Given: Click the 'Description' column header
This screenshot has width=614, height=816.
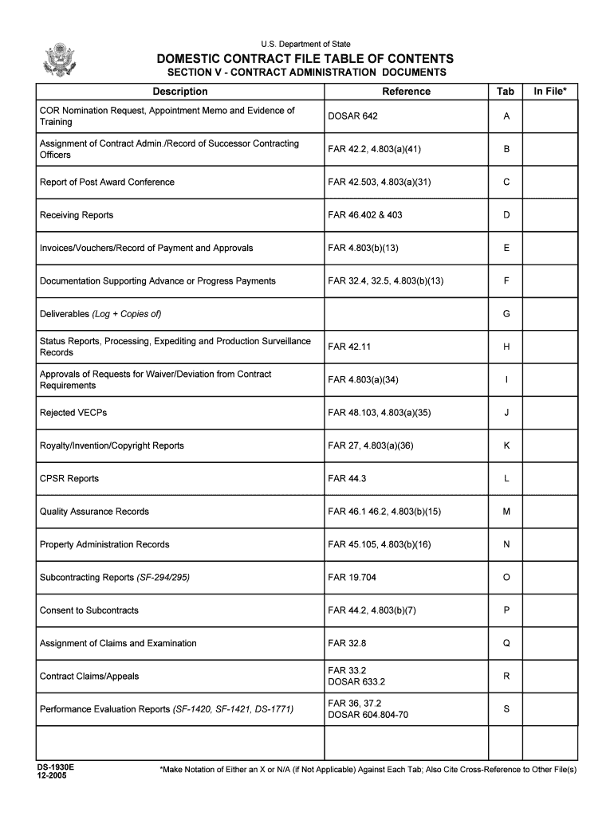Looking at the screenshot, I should (x=180, y=92).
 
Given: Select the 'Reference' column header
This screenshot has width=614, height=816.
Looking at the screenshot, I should (x=406, y=92).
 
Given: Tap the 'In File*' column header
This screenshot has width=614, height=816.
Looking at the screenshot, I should (x=550, y=92).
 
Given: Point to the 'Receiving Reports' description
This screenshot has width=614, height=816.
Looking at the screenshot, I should (x=77, y=215).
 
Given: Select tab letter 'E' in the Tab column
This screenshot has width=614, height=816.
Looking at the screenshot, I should (x=506, y=248).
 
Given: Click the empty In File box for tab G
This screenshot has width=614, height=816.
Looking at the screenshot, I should (x=550, y=314).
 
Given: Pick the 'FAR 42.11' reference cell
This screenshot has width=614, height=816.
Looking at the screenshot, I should (x=349, y=347).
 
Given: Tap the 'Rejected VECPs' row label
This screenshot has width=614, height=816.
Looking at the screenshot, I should (x=73, y=413).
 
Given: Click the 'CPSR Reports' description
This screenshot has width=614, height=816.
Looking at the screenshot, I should (x=69, y=479).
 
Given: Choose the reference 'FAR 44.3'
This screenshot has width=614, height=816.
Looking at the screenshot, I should (x=347, y=479).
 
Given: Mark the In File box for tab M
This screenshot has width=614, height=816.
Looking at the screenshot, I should (x=550, y=512).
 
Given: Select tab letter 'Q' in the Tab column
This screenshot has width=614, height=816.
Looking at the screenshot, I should (x=506, y=643).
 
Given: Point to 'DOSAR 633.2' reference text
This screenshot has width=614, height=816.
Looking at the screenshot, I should (x=356, y=682).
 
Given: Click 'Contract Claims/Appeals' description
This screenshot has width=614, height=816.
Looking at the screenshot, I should (x=89, y=677).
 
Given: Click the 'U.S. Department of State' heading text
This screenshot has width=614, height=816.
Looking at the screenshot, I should (x=305, y=44).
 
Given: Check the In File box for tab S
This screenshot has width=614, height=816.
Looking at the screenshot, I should (x=550, y=709).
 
